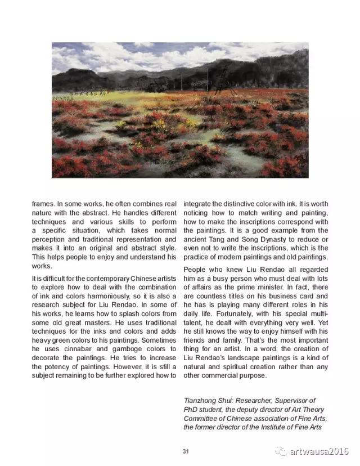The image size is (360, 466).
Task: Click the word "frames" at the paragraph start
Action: coord(44,203)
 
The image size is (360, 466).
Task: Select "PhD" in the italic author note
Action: coord(192,410)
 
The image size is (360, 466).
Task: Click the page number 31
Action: coord(186,451)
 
